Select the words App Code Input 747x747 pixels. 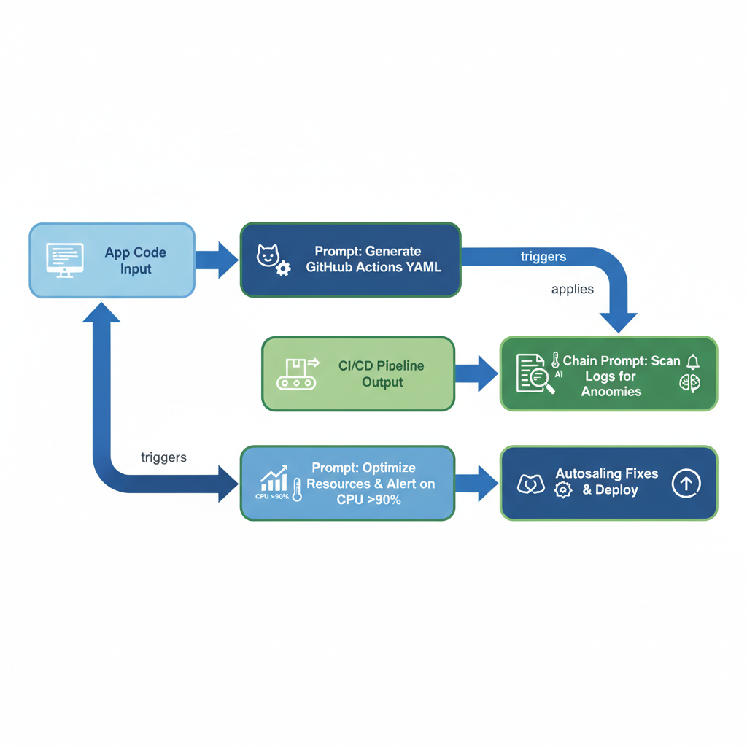click(x=135, y=260)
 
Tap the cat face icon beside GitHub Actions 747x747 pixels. click(x=267, y=256)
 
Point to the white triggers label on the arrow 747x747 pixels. click(x=543, y=257)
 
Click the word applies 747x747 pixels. click(x=572, y=289)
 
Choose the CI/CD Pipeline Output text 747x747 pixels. click(x=382, y=373)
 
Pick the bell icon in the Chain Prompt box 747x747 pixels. click(x=692, y=362)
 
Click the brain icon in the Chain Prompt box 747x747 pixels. click(x=689, y=384)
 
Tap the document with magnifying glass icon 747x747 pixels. click(x=535, y=373)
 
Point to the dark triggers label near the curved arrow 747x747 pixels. click(x=163, y=457)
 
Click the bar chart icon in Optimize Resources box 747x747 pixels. click(x=274, y=479)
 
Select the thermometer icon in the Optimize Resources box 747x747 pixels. click(x=297, y=489)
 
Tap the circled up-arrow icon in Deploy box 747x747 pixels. click(x=686, y=483)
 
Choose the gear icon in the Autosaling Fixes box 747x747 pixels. click(x=562, y=490)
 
